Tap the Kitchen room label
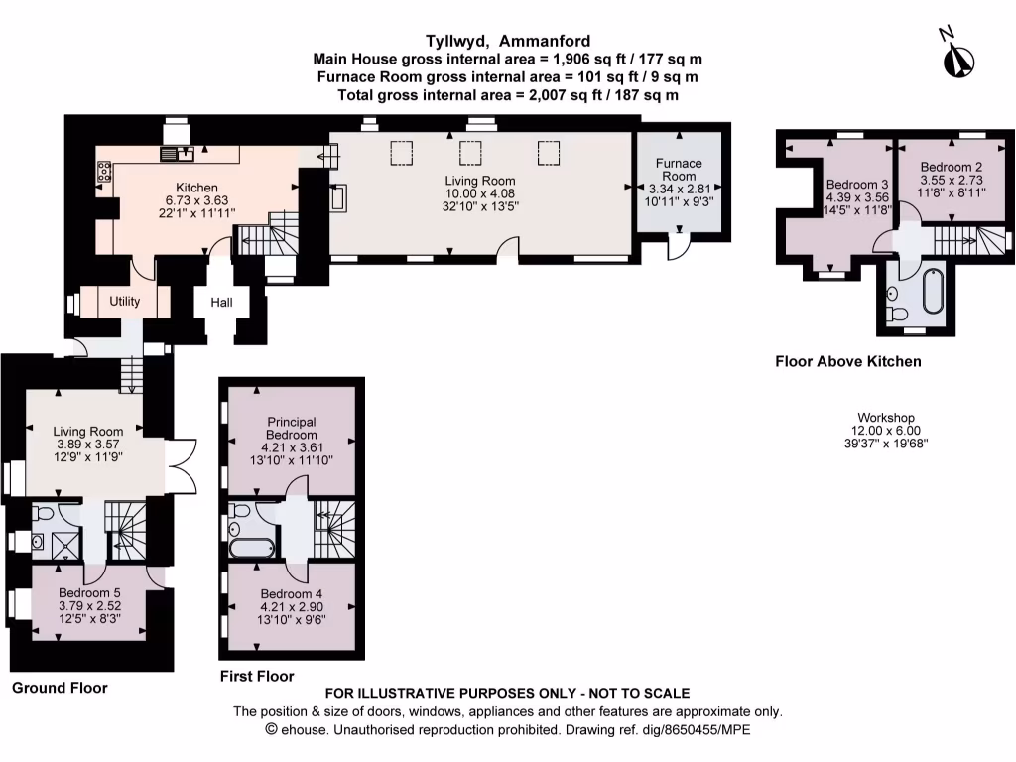pos(197,188)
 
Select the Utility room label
pos(124,302)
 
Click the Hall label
pos(221,302)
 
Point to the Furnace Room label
pos(679,170)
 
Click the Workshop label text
pos(886,418)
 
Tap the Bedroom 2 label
pos(952,167)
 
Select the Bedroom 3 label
pos(856,185)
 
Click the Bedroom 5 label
pos(89,593)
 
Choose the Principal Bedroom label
pos(292,429)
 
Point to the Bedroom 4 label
pos(292,594)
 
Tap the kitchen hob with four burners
pos(103,171)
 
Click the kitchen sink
pos(178,154)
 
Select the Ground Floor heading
pos(60,688)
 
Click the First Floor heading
pos(257,676)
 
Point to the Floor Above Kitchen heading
pos(848,361)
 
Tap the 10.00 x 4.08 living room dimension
pos(480,193)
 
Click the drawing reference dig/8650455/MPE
pos(697,730)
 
